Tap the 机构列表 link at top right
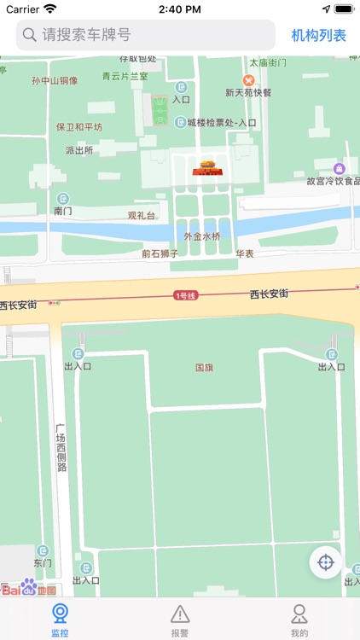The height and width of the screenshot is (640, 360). pyautogui.click(x=318, y=35)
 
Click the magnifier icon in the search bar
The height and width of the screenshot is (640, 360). pyautogui.click(x=29, y=35)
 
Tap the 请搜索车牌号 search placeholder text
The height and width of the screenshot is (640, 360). pyautogui.click(x=86, y=35)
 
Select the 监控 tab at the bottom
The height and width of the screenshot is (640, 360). pyautogui.click(x=60, y=620)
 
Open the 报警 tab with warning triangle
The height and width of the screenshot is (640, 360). pyautogui.click(x=180, y=620)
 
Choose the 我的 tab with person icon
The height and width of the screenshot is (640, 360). pyautogui.click(x=299, y=620)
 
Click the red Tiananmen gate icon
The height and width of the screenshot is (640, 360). pyautogui.click(x=207, y=168)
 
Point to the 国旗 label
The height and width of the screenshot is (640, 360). pyautogui.click(x=204, y=368)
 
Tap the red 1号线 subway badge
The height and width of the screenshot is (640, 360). pyautogui.click(x=185, y=295)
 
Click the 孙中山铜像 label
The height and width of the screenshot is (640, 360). pyautogui.click(x=55, y=81)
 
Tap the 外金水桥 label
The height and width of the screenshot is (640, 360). pyautogui.click(x=202, y=236)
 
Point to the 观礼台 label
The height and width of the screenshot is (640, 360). pyautogui.click(x=142, y=216)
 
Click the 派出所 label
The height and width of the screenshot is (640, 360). pyautogui.click(x=78, y=150)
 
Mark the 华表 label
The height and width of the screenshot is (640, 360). pyautogui.click(x=245, y=253)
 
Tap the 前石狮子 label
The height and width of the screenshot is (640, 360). pyautogui.click(x=160, y=253)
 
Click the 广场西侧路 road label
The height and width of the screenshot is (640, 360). pyautogui.click(x=61, y=448)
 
